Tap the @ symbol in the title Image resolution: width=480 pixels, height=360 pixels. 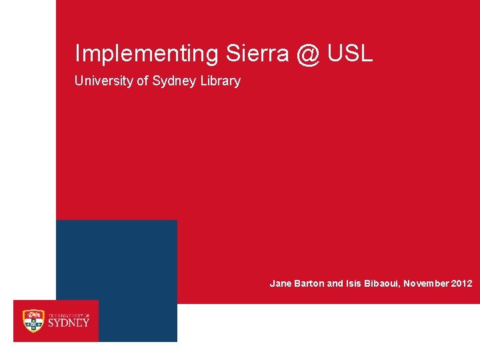pos(307,54)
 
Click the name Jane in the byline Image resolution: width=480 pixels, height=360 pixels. pos(280,283)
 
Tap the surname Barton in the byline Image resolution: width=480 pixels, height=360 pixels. pos(308,283)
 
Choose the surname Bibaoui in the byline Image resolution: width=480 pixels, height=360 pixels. pos(383,283)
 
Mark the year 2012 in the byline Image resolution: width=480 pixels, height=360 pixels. pos(461,283)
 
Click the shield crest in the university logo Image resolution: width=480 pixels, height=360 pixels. pos(33,321)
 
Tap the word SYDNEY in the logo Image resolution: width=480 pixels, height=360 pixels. pos(69,323)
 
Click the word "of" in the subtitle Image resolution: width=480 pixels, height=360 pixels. pos(143,81)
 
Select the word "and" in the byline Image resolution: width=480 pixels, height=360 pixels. pos(335,283)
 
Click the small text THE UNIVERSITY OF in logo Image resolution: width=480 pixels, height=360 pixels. pos(68,314)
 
